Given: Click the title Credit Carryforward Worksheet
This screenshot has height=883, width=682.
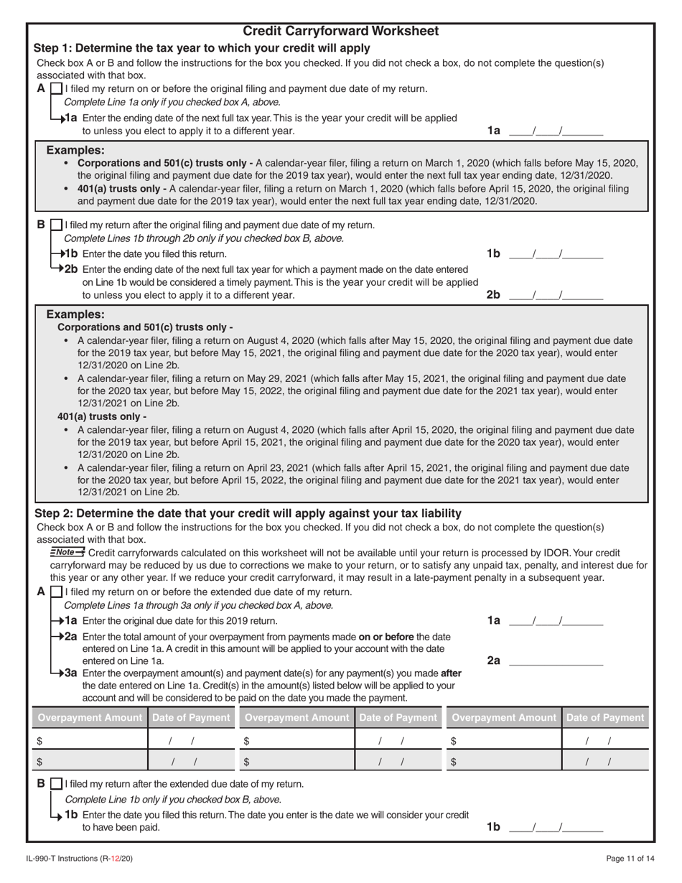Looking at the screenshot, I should click(341, 32).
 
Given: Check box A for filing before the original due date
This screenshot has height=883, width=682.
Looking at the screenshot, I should click(56, 89).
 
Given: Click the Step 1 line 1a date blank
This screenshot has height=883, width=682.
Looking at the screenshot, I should click(556, 131).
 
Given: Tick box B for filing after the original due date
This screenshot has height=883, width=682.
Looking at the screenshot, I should click(56, 225).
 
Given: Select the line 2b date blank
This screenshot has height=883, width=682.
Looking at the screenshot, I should click(556, 295).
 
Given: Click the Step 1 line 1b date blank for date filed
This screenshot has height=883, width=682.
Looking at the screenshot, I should click(556, 253).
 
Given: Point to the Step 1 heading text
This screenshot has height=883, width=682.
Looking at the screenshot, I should click(202, 48).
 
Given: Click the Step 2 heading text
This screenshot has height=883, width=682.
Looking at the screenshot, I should click(248, 513).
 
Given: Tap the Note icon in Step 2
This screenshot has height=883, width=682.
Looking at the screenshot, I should click(67, 552).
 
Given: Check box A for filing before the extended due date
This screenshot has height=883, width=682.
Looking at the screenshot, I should click(56, 593).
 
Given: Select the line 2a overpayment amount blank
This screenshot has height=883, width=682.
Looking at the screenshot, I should click(556, 660).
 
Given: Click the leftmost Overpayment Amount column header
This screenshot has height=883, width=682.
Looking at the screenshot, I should click(90, 717).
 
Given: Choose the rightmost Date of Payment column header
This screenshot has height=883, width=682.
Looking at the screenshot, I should click(605, 717).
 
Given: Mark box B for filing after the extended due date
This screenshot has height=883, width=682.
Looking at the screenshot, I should click(56, 784).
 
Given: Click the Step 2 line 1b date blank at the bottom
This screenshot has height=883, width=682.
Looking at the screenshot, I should click(556, 827).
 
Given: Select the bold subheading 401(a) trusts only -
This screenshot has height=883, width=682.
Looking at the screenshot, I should click(102, 416).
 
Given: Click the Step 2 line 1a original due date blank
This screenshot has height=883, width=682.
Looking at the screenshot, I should click(556, 620).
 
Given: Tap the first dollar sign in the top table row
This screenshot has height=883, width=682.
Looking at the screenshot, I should click(39, 741).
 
